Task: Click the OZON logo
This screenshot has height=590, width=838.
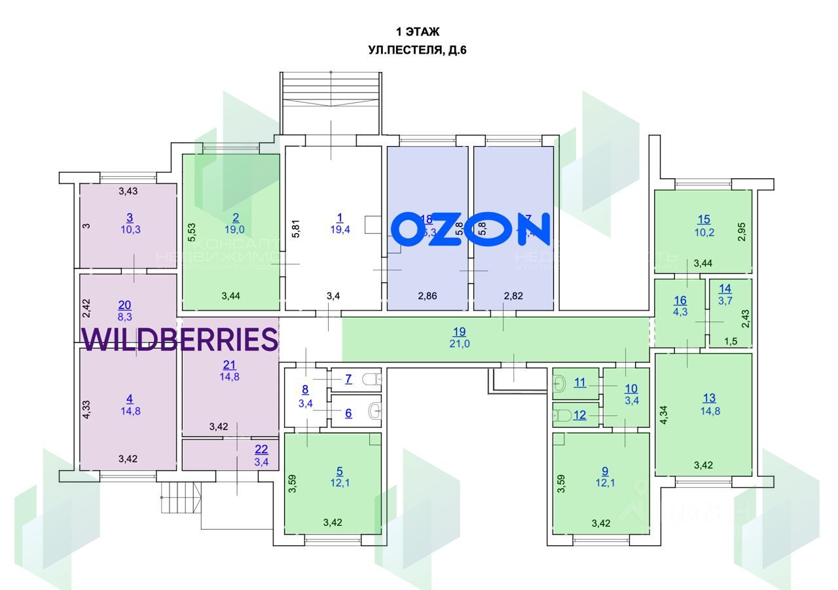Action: [x=471, y=229]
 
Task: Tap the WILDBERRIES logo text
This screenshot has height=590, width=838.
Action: [x=180, y=339]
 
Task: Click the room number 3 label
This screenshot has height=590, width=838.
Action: [x=130, y=218]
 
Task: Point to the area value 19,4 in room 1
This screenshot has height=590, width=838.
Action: [x=340, y=229]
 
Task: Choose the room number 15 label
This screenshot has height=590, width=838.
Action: [x=704, y=219]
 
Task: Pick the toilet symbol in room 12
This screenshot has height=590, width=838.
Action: [x=560, y=415]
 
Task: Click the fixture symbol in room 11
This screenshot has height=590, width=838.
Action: [x=560, y=384]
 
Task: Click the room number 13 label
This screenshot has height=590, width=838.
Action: [x=709, y=397]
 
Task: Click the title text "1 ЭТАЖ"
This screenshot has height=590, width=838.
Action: [x=418, y=31]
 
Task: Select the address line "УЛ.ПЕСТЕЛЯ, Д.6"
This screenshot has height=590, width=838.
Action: [x=418, y=50]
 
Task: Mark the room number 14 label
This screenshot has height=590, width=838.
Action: [x=725, y=288]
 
